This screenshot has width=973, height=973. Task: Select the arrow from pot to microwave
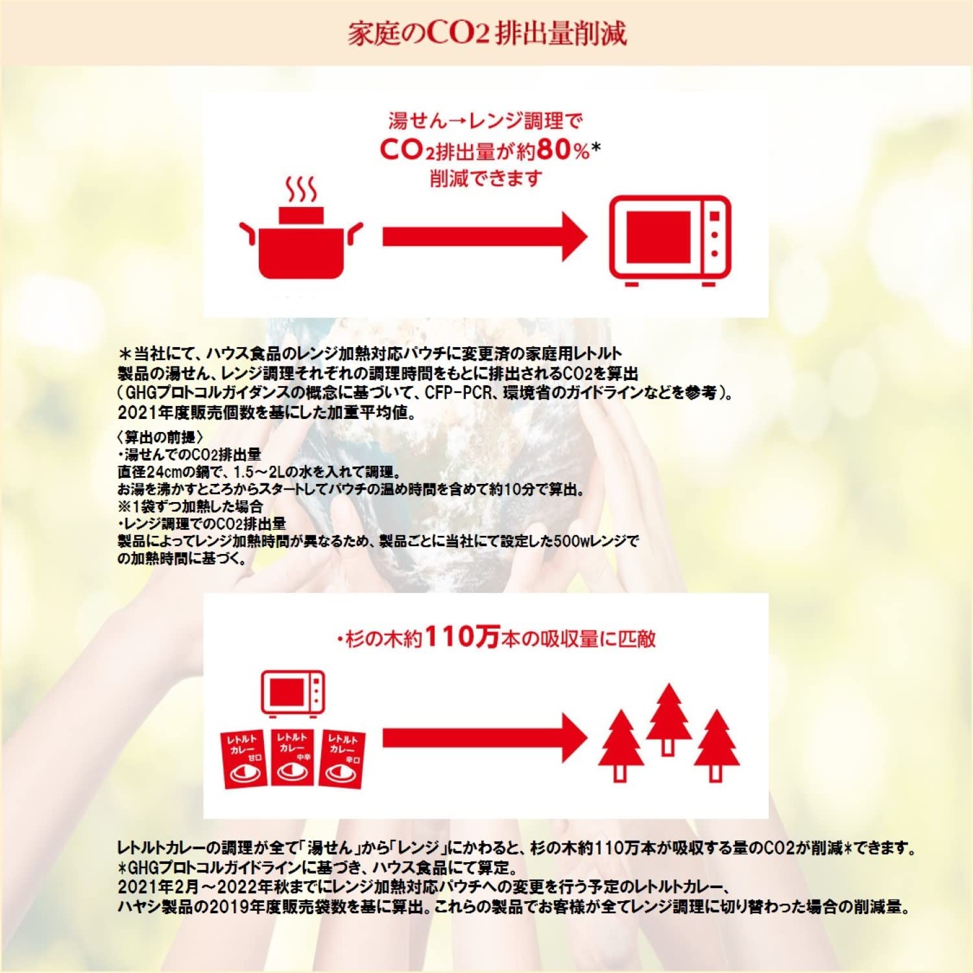[485, 236]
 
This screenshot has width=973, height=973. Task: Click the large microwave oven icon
[670, 241]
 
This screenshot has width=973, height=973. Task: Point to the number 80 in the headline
[554, 150]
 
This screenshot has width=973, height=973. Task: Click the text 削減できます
[486, 178]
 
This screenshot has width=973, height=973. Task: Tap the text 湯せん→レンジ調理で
[486, 121]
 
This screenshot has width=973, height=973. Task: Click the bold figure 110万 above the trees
[462, 637]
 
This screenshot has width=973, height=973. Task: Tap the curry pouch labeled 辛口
[342, 758]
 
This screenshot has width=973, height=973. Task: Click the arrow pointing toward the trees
[485, 738]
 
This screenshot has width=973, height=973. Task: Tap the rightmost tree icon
[716, 746]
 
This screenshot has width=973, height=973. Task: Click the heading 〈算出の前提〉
[160, 437]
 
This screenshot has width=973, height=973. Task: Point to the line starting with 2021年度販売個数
[267, 413]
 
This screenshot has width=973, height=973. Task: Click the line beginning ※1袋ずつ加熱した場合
[190, 506]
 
